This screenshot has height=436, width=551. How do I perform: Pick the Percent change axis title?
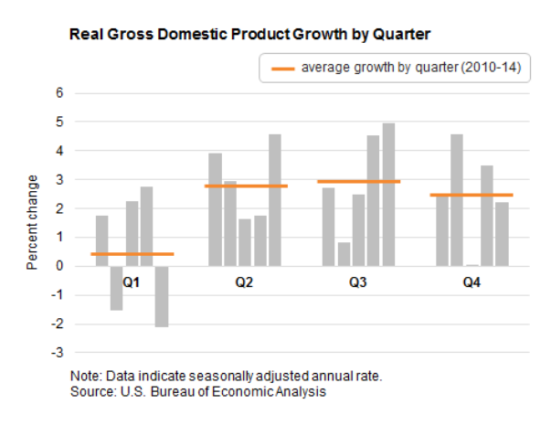click(x=32, y=222)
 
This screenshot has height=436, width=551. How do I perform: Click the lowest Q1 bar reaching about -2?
click(x=161, y=296)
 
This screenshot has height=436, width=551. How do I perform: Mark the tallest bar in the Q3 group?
click(x=388, y=194)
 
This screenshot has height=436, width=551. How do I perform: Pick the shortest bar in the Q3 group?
click(x=344, y=254)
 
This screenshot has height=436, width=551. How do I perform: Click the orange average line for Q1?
click(x=132, y=253)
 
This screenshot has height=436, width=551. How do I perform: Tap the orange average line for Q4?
click(x=472, y=195)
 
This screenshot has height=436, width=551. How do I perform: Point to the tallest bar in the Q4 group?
click(x=457, y=199)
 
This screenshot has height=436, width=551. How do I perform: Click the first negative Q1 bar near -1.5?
click(x=117, y=288)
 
